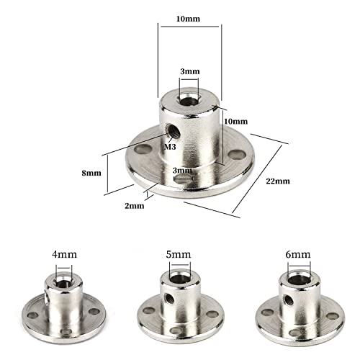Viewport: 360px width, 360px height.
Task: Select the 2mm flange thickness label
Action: tap(134, 205)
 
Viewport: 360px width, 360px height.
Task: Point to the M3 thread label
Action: tap(170, 147)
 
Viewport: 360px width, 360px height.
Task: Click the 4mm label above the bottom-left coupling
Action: tap(61, 254)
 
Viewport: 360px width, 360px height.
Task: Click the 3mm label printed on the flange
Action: tap(183, 169)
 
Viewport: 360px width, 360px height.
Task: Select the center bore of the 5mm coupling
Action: tap(179, 277)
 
